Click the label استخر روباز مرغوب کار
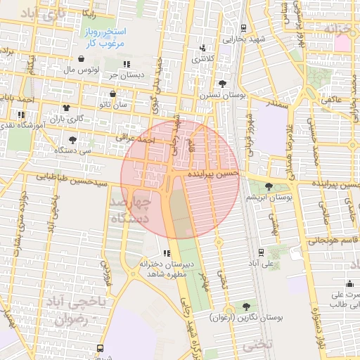[x=105, y=38]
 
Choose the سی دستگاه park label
[x=76, y=150]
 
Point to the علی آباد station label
[x=262, y=263]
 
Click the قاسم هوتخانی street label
[x=331, y=240]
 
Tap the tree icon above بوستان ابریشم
[x=269, y=186]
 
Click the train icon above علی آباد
[x=262, y=252]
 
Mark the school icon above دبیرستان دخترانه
[x=166, y=253]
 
